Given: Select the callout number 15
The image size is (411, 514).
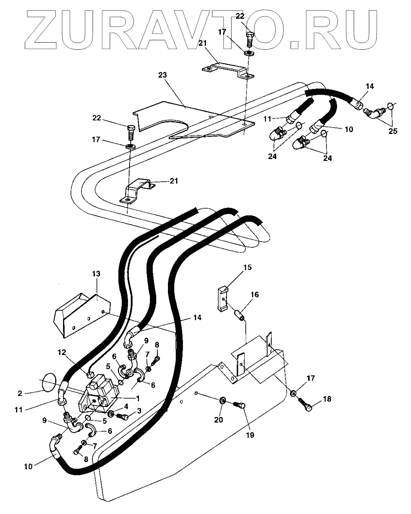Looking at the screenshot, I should click(247, 268).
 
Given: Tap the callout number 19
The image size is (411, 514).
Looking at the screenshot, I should click(249, 434).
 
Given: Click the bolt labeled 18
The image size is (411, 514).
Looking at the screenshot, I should click(307, 407).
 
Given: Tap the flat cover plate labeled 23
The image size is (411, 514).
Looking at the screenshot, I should click(196, 119).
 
